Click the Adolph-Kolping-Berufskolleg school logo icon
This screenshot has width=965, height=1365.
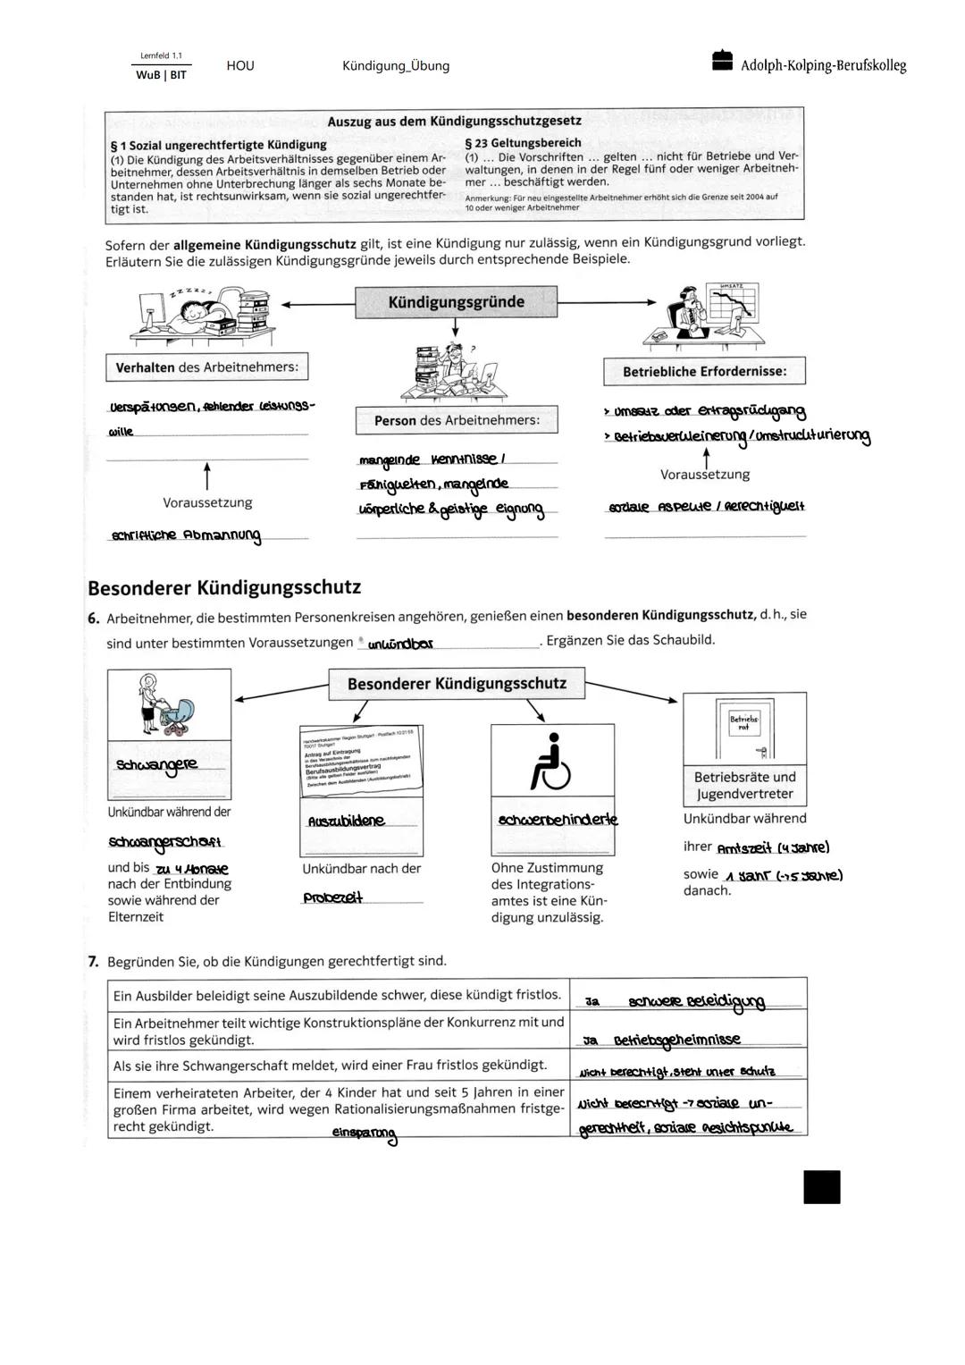coord(722,61)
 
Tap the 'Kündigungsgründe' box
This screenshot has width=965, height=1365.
coord(456,302)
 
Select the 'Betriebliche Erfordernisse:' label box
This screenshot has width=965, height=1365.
coord(704,371)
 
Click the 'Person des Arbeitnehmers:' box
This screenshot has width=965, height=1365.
coord(456,420)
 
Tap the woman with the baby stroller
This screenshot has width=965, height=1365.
coord(167,706)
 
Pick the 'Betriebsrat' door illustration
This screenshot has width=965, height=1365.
coord(744,729)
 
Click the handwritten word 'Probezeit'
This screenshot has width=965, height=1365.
coord(332,898)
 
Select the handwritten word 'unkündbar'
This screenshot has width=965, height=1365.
coord(400,644)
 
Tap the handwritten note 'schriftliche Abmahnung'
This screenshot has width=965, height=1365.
coord(186,535)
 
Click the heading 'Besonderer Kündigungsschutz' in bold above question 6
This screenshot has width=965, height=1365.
coord(224,587)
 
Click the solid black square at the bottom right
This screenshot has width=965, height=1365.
coord(821,1187)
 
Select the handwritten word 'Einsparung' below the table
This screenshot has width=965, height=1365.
coord(364,1133)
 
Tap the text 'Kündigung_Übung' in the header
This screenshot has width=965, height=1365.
coord(396,66)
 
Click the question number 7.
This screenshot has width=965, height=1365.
coord(93,961)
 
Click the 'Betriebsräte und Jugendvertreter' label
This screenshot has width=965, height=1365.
coord(744,786)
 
